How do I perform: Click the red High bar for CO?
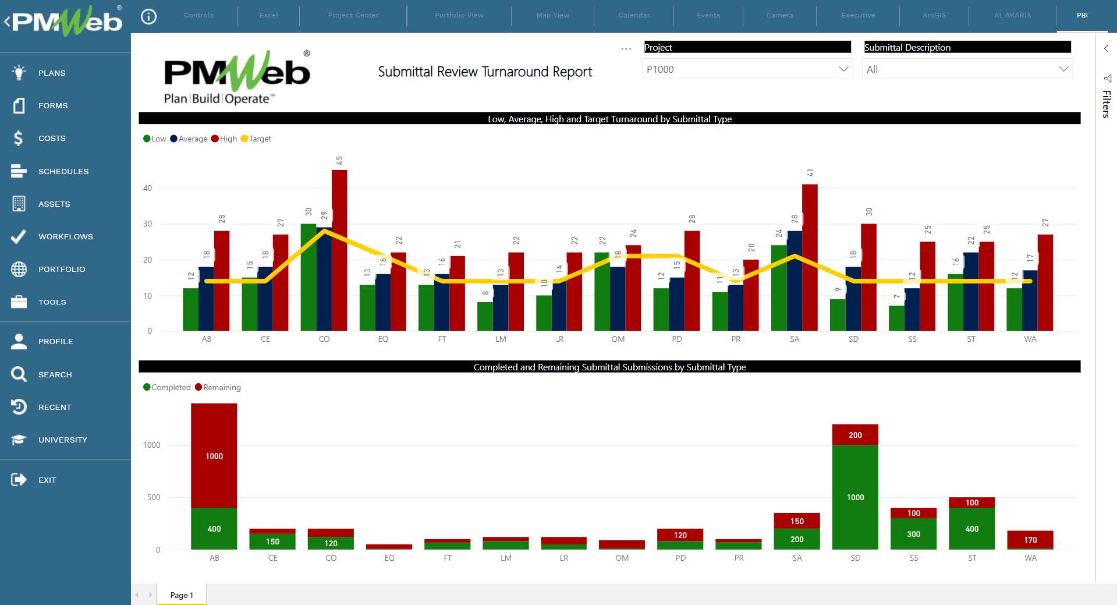click(x=339, y=250)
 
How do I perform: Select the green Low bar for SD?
click(x=838, y=315)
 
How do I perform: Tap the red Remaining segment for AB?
click(x=214, y=455)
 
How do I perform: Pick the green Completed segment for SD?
click(x=855, y=497)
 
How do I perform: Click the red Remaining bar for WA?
click(x=1030, y=540)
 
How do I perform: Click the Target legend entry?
click(x=256, y=139)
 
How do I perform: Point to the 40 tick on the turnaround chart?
click(x=148, y=188)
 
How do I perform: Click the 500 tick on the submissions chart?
click(x=154, y=497)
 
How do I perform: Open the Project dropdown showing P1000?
click(x=747, y=69)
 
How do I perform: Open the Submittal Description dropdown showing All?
click(x=967, y=69)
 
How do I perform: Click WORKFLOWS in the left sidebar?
click(x=65, y=236)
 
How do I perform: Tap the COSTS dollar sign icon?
click(x=19, y=138)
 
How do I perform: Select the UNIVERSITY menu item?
click(x=62, y=440)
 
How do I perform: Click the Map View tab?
click(x=552, y=15)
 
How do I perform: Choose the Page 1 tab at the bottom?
click(x=182, y=595)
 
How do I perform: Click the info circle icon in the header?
click(x=149, y=16)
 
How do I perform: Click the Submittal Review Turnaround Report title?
click(x=485, y=72)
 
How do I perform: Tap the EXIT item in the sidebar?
click(x=47, y=480)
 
